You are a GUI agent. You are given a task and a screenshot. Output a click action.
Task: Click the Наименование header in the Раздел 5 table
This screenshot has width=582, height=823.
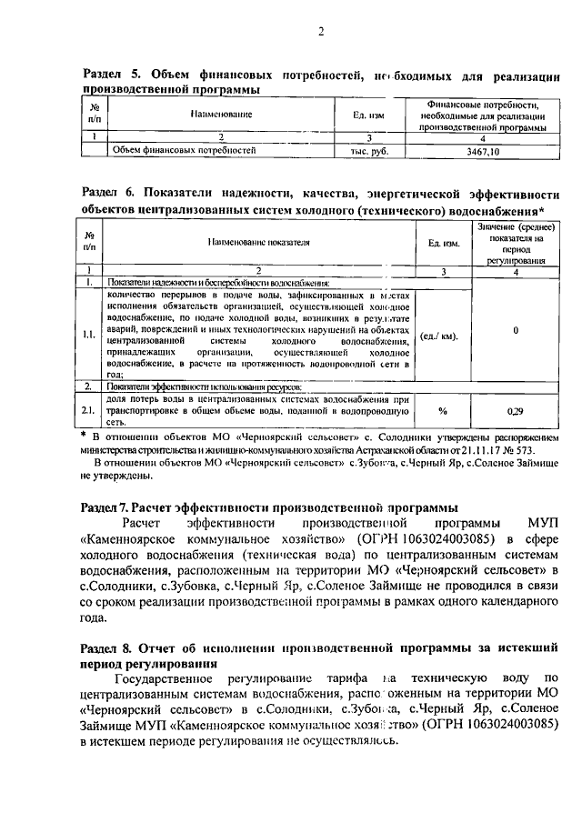point(221,115)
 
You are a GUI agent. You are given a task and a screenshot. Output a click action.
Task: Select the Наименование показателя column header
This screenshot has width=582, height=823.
point(258,243)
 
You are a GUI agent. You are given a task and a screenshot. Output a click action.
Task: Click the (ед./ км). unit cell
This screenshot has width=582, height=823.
point(440,335)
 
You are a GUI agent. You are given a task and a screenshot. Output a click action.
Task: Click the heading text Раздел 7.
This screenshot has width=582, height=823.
point(108,507)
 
